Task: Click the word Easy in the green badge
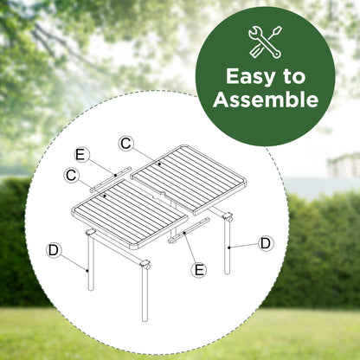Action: coord(250,77)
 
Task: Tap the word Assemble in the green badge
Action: coord(266,100)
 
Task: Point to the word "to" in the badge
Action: coord(293,77)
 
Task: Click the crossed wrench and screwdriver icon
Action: coord(265,42)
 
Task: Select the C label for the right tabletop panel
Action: coord(126,144)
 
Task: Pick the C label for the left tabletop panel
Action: coord(71,175)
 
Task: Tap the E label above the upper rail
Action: coord(80,155)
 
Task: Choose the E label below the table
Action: coord(199,270)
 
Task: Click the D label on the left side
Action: coord(54,250)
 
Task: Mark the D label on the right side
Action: coord(266,243)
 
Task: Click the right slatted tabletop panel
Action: coord(190,179)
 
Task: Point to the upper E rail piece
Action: coord(111,179)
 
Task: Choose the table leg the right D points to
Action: coord(228,244)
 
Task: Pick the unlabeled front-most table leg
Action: coord(145,292)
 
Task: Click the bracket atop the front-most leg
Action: coord(145,265)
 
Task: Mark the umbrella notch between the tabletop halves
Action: coord(158,196)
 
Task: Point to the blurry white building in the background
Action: coord(344,165)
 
